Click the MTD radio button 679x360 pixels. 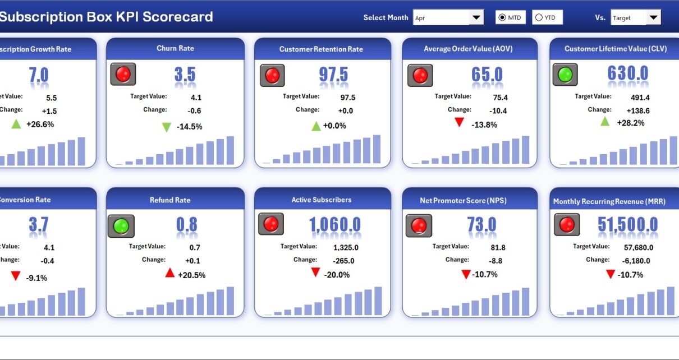click(x=502, y=18)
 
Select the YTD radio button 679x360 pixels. click(x=539, y=18)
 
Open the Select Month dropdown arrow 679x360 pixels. click(x=476, y=18)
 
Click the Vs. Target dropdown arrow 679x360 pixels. click(x=653, y=18)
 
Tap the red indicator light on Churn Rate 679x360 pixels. click(x=123, y=74)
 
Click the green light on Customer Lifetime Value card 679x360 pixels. click(x=565, y=75)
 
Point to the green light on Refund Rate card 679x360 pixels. click(x=121, y=226)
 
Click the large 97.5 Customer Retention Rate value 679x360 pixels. click(x=333, y=75)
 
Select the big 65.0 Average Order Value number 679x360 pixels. click(x=487, y=75)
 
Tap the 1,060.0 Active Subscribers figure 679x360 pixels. click(x=335, y=225)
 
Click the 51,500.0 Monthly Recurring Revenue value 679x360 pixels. click(x=627, y=225)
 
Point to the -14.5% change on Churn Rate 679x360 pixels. click(x=189, y=127)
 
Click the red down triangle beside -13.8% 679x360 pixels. click(x=460, y=122)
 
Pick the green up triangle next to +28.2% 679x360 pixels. click(x=605, y=121)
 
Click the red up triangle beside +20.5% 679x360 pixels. click(x=170, y=273)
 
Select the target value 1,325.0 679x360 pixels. click(x=346, y=247)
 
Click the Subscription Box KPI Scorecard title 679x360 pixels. click(x=107, y=17)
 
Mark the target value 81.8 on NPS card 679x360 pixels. click(x=481, y=247)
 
